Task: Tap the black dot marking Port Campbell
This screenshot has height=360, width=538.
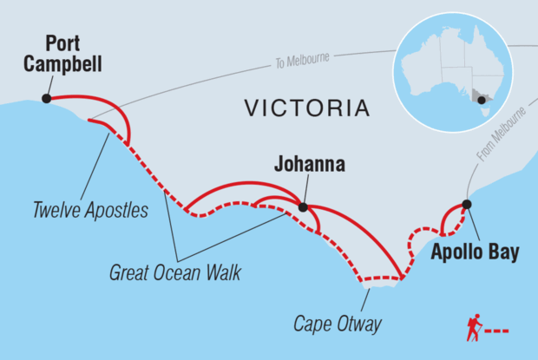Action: (46, 99)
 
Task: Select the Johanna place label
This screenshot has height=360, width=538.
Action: (309, 163)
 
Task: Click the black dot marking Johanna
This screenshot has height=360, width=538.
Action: (302, 206)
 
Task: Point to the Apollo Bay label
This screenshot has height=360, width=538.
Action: (475, 253)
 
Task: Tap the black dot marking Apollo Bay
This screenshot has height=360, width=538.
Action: (466, 205)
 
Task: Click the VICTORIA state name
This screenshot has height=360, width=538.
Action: (306, 108)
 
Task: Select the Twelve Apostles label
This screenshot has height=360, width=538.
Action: (90, 210)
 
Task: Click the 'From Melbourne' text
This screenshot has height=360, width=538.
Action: (502, 135)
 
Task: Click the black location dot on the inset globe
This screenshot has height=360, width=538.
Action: (482, 99)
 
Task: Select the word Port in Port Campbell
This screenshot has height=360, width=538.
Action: (63, 43)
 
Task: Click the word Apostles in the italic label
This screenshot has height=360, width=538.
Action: (118, 210)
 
